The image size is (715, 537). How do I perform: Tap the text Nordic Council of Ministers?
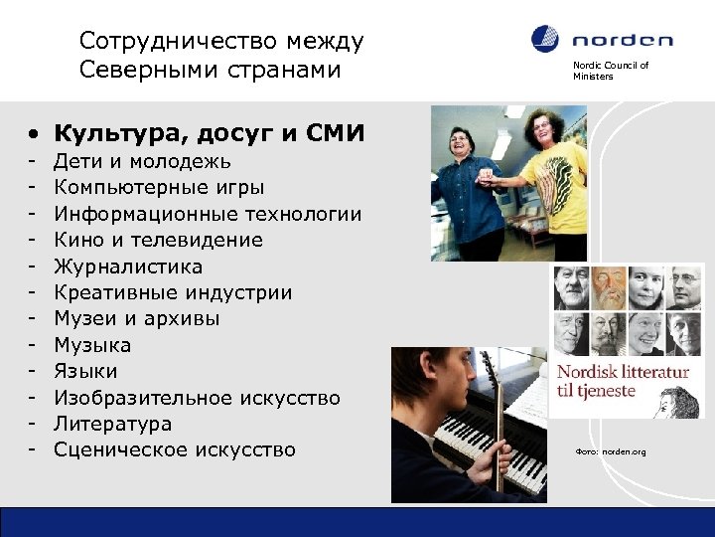pos(610,72)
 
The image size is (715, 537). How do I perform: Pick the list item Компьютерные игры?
pos(159,187)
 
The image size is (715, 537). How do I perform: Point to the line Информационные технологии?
pos(208,214)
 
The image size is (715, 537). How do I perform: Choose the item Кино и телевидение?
pos(158,240)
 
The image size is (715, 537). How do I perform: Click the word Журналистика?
pos(128,267)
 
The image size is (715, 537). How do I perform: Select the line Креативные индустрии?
pos(173,292)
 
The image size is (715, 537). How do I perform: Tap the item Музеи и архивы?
pos(137,318)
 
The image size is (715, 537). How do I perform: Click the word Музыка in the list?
pos(92,345)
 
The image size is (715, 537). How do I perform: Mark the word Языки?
pos(85,371)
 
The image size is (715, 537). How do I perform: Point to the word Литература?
pos(112,424)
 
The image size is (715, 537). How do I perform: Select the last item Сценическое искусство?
pos(175,449)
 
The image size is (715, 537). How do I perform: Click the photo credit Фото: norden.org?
pos(610,452)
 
